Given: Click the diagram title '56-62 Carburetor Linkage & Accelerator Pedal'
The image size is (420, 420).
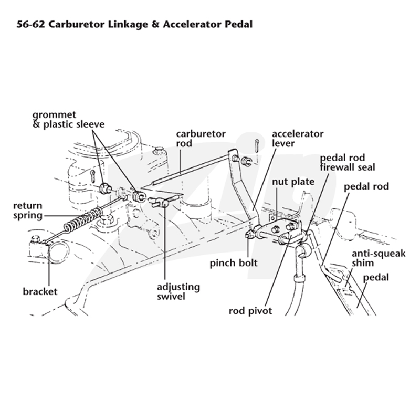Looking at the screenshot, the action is point(134,24).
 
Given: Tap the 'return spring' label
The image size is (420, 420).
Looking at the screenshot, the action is point(28,211).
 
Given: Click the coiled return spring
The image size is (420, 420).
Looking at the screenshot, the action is point(83,219).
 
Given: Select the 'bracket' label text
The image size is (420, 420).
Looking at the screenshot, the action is point(40,291).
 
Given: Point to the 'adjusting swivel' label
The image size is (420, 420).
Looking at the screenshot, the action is point(178,292).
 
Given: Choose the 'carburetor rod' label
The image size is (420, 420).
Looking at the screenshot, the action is point(201,138).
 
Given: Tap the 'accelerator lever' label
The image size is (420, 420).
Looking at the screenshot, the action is point(298,138).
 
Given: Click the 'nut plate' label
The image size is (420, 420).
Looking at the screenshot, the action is point(293,182).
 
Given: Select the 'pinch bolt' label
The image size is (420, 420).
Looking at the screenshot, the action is point(233,263).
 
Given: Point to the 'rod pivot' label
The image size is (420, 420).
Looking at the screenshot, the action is point(250,311).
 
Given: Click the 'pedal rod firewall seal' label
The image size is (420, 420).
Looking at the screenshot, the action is point(348,162).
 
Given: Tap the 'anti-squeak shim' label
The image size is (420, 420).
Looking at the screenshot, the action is point(379,258).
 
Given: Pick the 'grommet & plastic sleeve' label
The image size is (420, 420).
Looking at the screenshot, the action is point(68,120).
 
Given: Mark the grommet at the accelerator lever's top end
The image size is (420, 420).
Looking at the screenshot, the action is point(246,161).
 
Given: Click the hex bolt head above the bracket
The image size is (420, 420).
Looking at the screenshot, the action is point(35,238).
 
